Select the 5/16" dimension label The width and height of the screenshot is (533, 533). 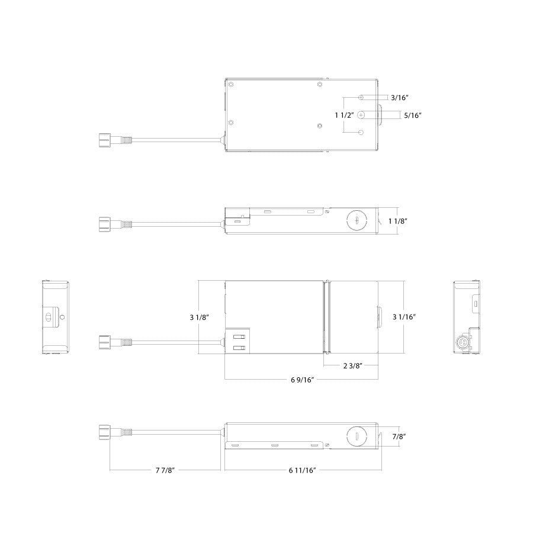(x=413, y=115)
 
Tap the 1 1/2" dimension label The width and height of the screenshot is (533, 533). (x=343, y=115)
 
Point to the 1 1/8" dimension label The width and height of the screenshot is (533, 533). (x=397, y=220)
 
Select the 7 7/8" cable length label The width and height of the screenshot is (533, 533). (x=165, y=471)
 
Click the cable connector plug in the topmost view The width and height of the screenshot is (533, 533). (x=104, y=140)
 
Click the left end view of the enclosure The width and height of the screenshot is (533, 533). (x=56, y=317)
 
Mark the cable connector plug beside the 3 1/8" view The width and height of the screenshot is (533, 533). (x=104, y=342)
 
